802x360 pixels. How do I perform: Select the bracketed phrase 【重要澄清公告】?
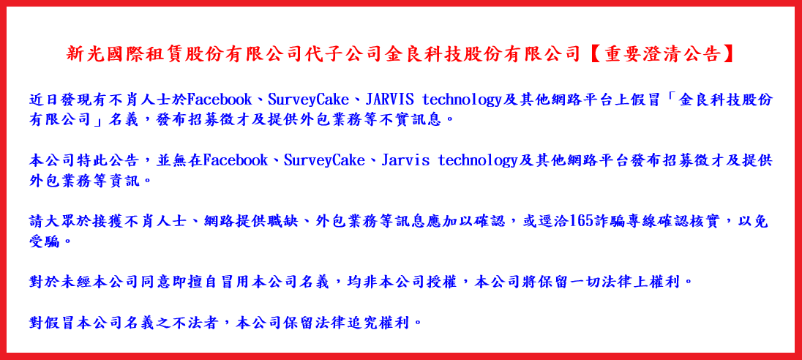[x=664, y=53]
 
